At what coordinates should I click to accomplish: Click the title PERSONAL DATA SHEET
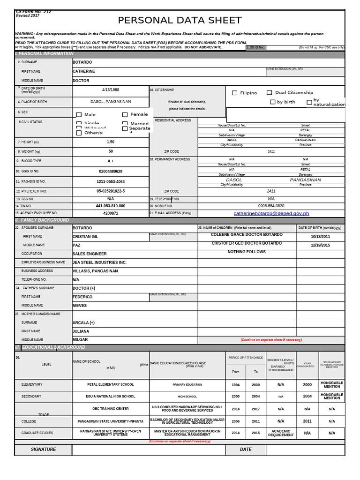pos(180,21)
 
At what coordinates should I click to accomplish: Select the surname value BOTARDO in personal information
pos(82,62)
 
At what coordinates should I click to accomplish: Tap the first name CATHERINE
pos(84,71)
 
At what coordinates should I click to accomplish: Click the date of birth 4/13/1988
pos(111,90)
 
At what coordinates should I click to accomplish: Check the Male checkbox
pos(79,115)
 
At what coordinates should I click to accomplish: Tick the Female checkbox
pos(125,114)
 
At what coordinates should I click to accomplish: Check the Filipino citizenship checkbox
pos(235,93)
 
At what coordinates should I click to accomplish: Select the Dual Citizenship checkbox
pos(270,93)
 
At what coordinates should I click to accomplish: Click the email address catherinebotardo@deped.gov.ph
pos(271,213)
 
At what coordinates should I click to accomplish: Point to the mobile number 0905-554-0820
pos(271,206)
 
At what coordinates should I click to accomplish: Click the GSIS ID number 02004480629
pos(111,172)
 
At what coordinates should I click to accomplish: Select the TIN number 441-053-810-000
pos(111,206)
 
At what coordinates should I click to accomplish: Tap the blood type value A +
pos(111,161)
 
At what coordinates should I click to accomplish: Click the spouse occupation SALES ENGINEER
pos(90,254)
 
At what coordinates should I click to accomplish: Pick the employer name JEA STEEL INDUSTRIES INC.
pos(99,262)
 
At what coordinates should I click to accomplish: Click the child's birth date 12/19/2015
pos(320,245)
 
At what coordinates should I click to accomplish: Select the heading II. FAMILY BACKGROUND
pos(42,220)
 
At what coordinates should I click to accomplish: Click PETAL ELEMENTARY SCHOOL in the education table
pos(111,384)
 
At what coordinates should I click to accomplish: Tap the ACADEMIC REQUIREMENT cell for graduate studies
pos(281,433)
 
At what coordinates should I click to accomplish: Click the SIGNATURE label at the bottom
pos(43,450)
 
